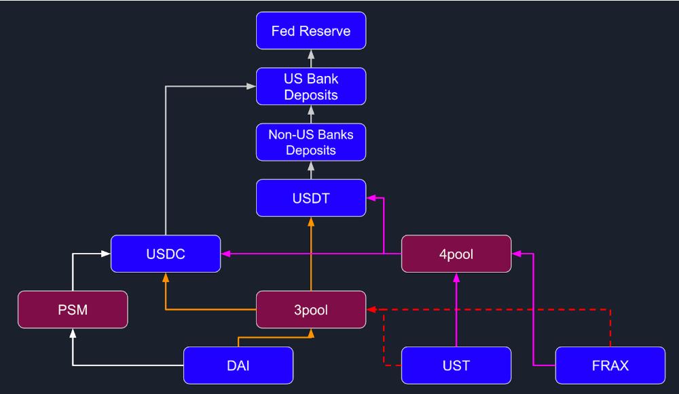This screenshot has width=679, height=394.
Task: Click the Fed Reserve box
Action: point(311,31)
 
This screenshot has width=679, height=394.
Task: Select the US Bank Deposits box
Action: point(311,86)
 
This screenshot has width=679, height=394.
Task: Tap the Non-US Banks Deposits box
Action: point(311,142)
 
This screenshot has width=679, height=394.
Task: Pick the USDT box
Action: point(311,198)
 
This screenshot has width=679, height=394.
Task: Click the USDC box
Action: point(166,254)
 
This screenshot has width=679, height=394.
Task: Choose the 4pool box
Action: point(456,254)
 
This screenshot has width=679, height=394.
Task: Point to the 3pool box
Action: point(311,310)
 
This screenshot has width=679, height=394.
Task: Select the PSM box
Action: point(73,310)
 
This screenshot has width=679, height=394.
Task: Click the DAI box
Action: point(238,366)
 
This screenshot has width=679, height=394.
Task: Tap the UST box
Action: point(456,366)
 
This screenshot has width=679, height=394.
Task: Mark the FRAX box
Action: point(610,366)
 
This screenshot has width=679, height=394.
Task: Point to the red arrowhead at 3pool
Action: point(371,310)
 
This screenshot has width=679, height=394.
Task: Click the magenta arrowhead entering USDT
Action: point(371,198)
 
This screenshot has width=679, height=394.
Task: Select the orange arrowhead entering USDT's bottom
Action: point(311,222)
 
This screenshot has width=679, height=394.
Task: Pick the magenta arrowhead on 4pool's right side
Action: point(516,254)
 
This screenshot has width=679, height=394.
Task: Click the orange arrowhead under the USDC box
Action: point(166,277)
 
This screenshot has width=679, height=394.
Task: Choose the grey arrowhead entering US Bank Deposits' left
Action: point(251,86)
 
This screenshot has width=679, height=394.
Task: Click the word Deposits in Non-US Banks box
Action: point(311,150)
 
